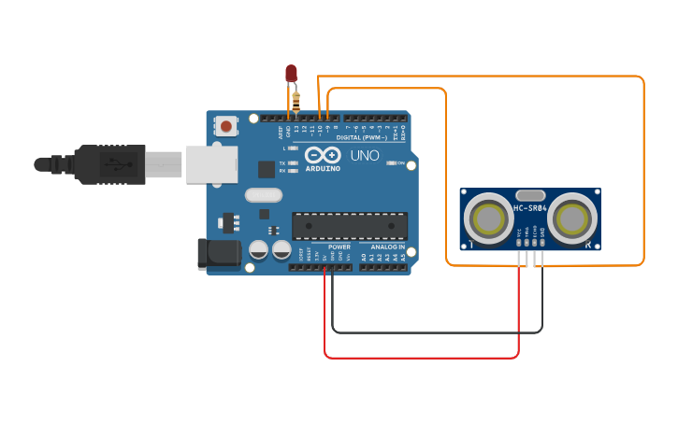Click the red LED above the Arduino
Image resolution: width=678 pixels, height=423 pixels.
(291, 73)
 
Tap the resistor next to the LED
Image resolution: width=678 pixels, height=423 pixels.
(296, 98)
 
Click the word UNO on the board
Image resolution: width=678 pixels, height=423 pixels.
(365, 156)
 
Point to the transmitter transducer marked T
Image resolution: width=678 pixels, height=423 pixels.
(487, 219)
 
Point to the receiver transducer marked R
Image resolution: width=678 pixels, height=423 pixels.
(571, 219)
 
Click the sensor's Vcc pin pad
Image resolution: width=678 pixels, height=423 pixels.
(519, 242)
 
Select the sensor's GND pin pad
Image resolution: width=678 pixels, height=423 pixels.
(541, 242)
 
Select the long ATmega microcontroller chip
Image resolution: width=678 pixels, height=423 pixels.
(350, 226)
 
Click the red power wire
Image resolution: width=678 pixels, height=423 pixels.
(421, 357)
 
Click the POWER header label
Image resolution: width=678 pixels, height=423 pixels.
(339, 247)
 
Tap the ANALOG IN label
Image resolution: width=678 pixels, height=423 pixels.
(387, 247)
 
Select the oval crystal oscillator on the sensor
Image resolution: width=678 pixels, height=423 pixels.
(529, 195)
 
